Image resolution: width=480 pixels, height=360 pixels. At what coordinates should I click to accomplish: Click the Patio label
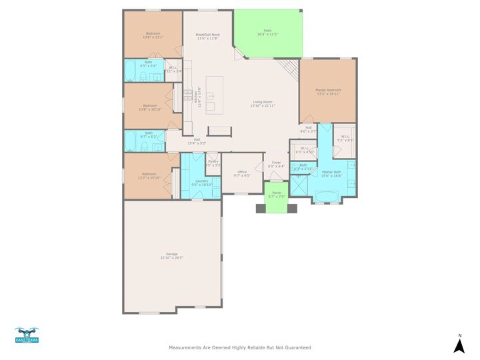point(267,31)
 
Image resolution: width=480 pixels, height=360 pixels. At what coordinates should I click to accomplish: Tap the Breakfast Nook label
point(207,35)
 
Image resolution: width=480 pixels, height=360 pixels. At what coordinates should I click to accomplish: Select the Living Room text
point(261,102)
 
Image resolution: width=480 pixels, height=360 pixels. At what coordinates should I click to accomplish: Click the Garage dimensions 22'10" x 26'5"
point(171,257)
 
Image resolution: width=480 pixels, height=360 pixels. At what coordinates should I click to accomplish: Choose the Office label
point(242,172)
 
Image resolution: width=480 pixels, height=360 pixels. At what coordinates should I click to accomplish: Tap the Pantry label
point(213,161)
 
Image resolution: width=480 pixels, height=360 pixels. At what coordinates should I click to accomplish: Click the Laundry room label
point(201,181)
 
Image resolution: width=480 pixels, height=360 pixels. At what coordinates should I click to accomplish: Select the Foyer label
point(276,163)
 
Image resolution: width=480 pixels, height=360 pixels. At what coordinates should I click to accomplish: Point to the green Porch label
point(276,193)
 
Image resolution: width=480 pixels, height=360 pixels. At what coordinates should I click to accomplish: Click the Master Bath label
point(331,172)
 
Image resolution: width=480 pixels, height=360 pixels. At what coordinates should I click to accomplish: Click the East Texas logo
point(27,335)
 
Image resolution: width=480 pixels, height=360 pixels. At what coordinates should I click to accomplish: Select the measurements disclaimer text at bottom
point(239,347)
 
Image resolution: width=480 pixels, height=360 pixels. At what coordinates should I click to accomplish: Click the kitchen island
point(214,94)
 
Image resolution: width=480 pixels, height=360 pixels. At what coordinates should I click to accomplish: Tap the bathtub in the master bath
point(327,195)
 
